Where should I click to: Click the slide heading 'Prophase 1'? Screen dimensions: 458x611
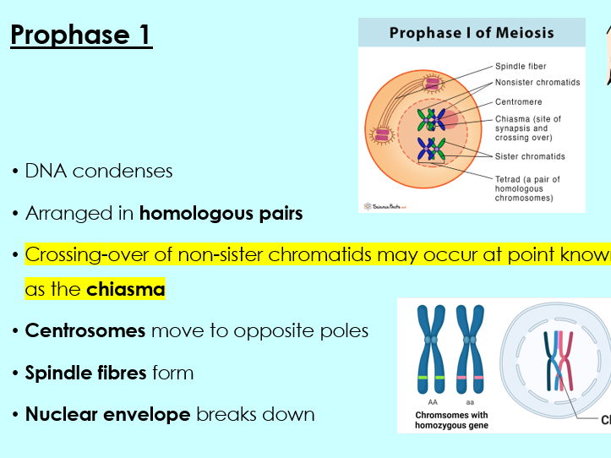[81, 35]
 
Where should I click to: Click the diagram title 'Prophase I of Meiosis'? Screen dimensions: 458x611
[472, 33]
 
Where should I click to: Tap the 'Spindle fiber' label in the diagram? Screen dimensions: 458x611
[520, 66]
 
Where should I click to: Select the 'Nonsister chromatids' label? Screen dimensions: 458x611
[537, 84]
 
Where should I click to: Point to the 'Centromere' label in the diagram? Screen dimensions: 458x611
[518, 102]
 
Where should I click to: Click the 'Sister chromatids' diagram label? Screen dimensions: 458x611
[530, 156]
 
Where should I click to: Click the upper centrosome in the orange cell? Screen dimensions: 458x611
[433, 82]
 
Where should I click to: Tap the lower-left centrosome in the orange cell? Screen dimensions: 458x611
[381, 134]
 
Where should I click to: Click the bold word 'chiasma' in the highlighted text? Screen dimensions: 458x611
[125, 290]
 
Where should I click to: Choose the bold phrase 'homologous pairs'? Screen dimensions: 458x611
[221, 214]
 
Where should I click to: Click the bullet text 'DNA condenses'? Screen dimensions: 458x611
[99, 172]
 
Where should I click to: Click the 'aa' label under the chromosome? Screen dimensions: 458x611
[471, 403]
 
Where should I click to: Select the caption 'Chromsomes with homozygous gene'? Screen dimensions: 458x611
[452, 420]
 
